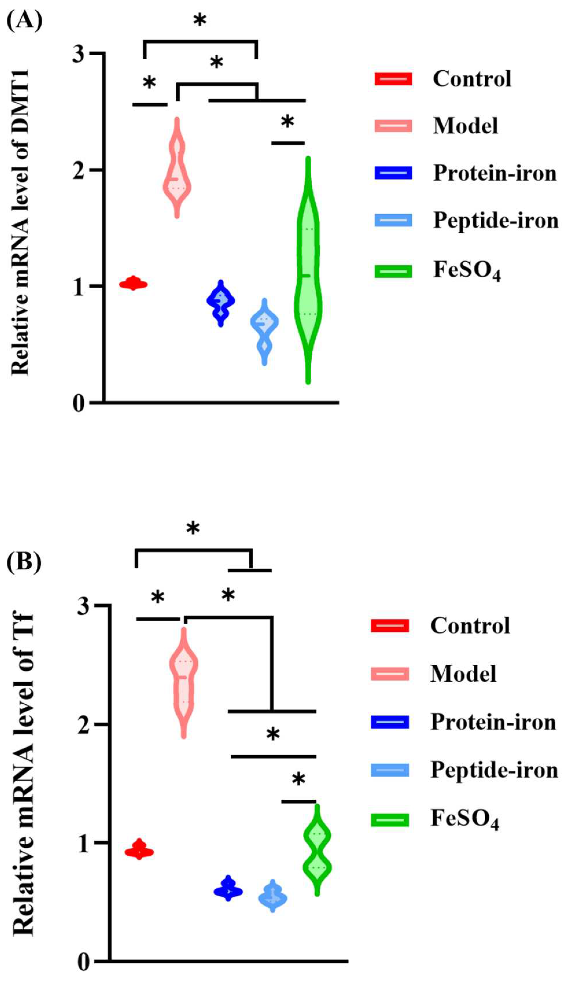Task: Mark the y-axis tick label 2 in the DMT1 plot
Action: (x=79, y=170)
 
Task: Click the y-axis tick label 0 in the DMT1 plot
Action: (x=79, y=404)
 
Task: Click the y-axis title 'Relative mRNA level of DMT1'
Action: (x=20, y=222)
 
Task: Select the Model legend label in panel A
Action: (x=466, y=126)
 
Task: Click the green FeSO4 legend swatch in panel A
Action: (x=393, y=271)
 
